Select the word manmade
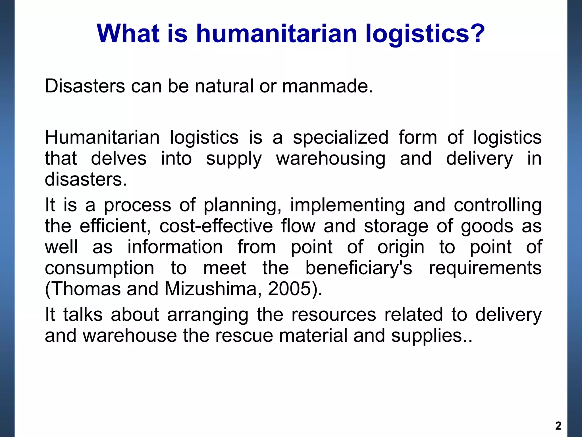[327, 86]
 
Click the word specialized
[340, 138]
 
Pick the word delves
[119, 159]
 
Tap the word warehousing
[331, 159]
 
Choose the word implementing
[348, 205]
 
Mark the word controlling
[498, 205]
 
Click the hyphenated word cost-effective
[216, 226]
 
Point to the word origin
[401, 247]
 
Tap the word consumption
[99, 268]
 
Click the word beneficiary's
[358, 268]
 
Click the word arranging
[207, 315]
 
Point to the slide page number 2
[558, 426]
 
